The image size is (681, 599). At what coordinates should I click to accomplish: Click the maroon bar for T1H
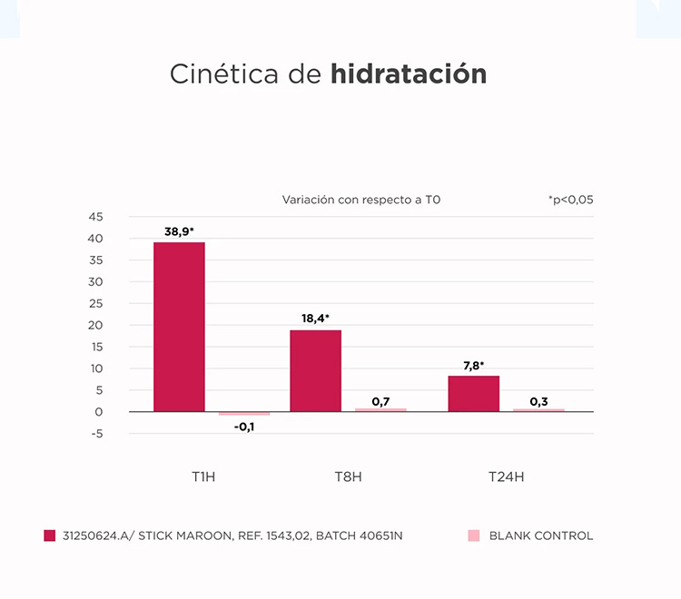[x=179, y=327]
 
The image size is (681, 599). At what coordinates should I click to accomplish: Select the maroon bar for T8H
[x=315, y=370]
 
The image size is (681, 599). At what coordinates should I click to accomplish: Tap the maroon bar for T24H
[x=473, y=393]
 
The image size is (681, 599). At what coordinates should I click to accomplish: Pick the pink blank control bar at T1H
[x=244, y=414]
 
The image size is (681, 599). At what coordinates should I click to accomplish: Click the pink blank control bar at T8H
[x=380, y=409]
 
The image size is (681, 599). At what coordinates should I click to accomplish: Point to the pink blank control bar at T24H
[x=538, y=410]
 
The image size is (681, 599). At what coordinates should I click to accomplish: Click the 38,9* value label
[x=179, y=231]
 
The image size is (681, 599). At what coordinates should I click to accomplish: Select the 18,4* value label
[x=315, y=319]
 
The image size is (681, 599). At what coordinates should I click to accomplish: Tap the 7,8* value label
[x=473, y=365]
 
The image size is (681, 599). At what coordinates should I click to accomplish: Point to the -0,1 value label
[x=244, y=427]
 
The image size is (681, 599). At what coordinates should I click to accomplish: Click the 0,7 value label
[x=380, y=401]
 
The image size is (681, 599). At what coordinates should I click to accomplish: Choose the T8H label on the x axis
[x=348, y=476]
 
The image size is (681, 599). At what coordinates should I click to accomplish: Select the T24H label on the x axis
[x=506, y=476]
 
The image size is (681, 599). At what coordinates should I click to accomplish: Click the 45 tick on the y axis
[x=96, y=217]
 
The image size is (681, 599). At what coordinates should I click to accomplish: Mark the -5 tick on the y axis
[x=97, y=434]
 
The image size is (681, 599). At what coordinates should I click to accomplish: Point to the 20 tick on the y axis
[x=96, y=325]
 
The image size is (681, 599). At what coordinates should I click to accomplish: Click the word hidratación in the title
[x=409, y=74]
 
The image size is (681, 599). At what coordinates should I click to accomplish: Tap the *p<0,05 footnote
[x=570, y=200]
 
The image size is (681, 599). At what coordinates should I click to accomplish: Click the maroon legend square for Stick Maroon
[x=50, y=535]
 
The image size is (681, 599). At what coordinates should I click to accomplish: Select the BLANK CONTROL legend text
[x=540, y=535]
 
